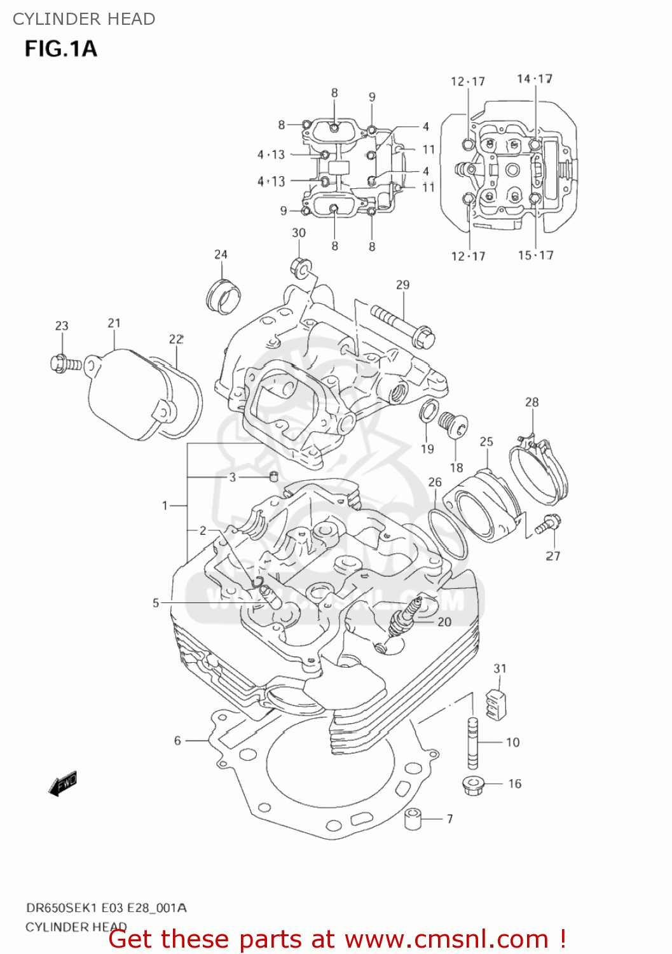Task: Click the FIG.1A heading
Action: point(60,49)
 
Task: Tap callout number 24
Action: point(221,254)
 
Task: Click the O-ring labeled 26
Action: point(448,534)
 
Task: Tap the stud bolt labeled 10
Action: point(472,742)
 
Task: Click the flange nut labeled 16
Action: point(473,784)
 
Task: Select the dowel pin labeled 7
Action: point(414,819)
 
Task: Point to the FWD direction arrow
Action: point(63,784)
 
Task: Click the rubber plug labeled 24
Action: point(224,296)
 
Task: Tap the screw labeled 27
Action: point(547,523)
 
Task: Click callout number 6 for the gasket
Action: point(177,740)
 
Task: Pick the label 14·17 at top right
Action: point(534,79)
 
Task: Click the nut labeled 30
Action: point(300,267)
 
